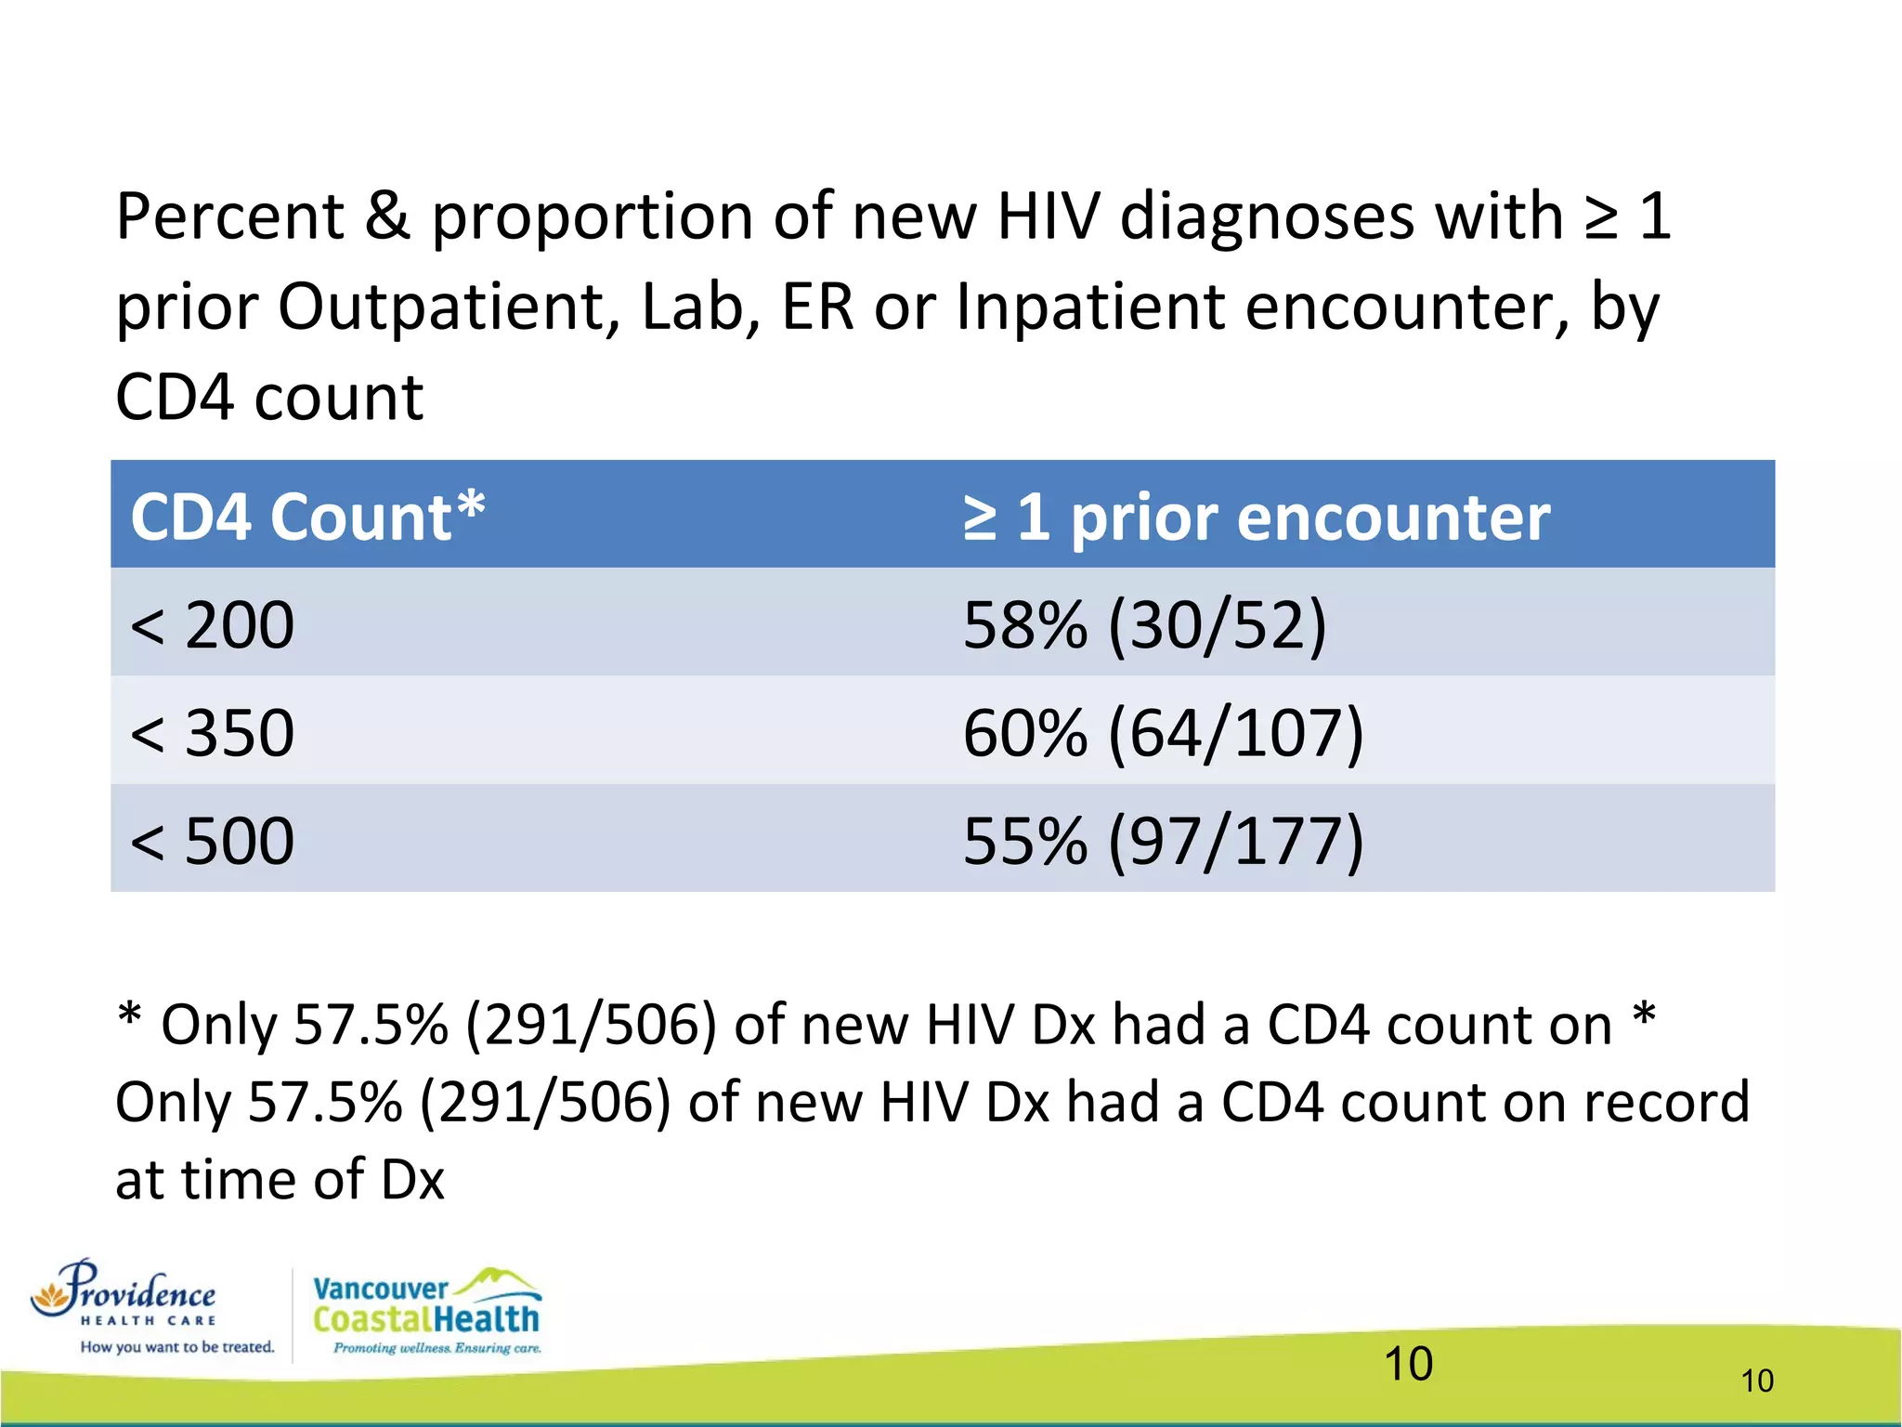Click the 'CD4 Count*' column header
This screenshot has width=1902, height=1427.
pos(307,517)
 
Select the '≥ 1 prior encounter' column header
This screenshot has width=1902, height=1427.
pos(1256,517)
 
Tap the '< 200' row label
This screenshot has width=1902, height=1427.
pos(213,624)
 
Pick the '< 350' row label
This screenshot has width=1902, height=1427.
pos(213,733)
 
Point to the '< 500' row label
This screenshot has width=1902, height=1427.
pos(213,841)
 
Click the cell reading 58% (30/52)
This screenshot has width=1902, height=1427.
pos(1144,624)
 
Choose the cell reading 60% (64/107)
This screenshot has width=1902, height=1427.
pos(1163,733)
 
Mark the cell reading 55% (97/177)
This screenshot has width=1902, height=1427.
pos(1163,841)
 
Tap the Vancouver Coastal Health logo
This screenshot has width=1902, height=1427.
pos(427,1310)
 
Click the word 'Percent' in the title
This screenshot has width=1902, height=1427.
pos(229,216)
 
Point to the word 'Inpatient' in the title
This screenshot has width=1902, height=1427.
pos(1089,308)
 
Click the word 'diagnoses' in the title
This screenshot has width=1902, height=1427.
pos(1267,216)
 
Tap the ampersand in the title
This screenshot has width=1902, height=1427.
pos(387,216)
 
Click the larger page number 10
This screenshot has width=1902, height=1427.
pos(1408,1364)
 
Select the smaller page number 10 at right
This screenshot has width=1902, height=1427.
pos(1757,1381)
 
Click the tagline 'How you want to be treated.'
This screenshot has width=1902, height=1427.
pos(177,1347)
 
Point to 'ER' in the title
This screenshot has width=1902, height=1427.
pos(817,308)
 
